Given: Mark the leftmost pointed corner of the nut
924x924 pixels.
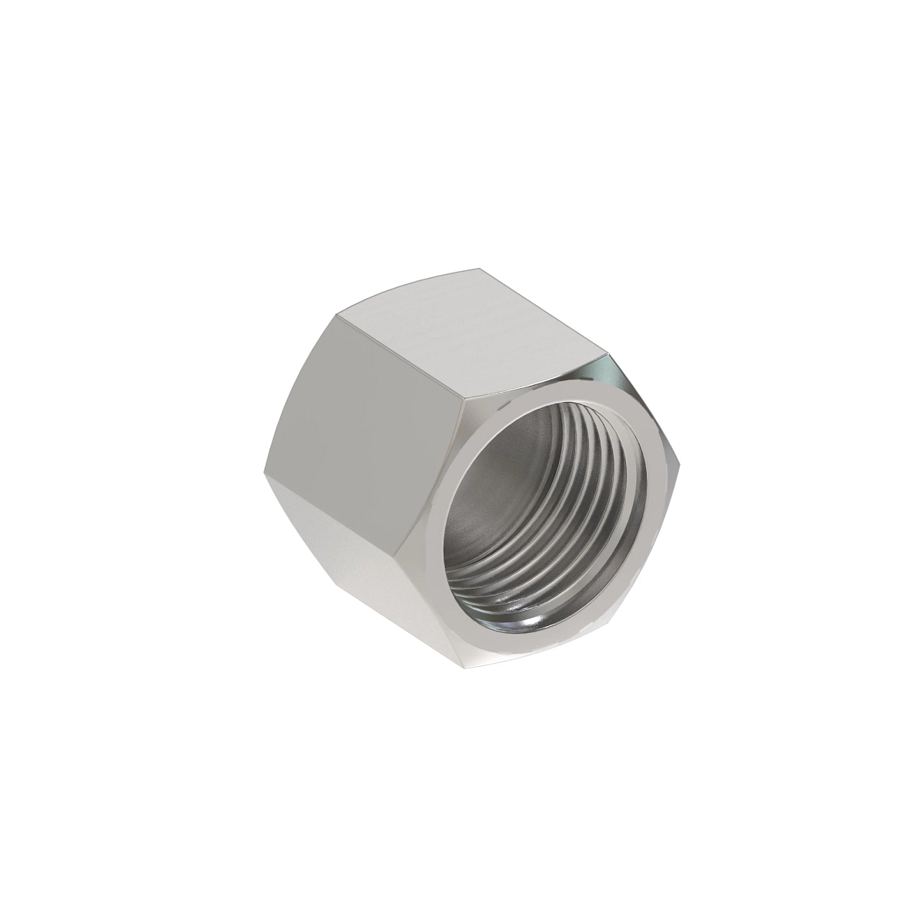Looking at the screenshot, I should click(x=263, y=470).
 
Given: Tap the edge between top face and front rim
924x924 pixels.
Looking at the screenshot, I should click(x=539, y=377).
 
